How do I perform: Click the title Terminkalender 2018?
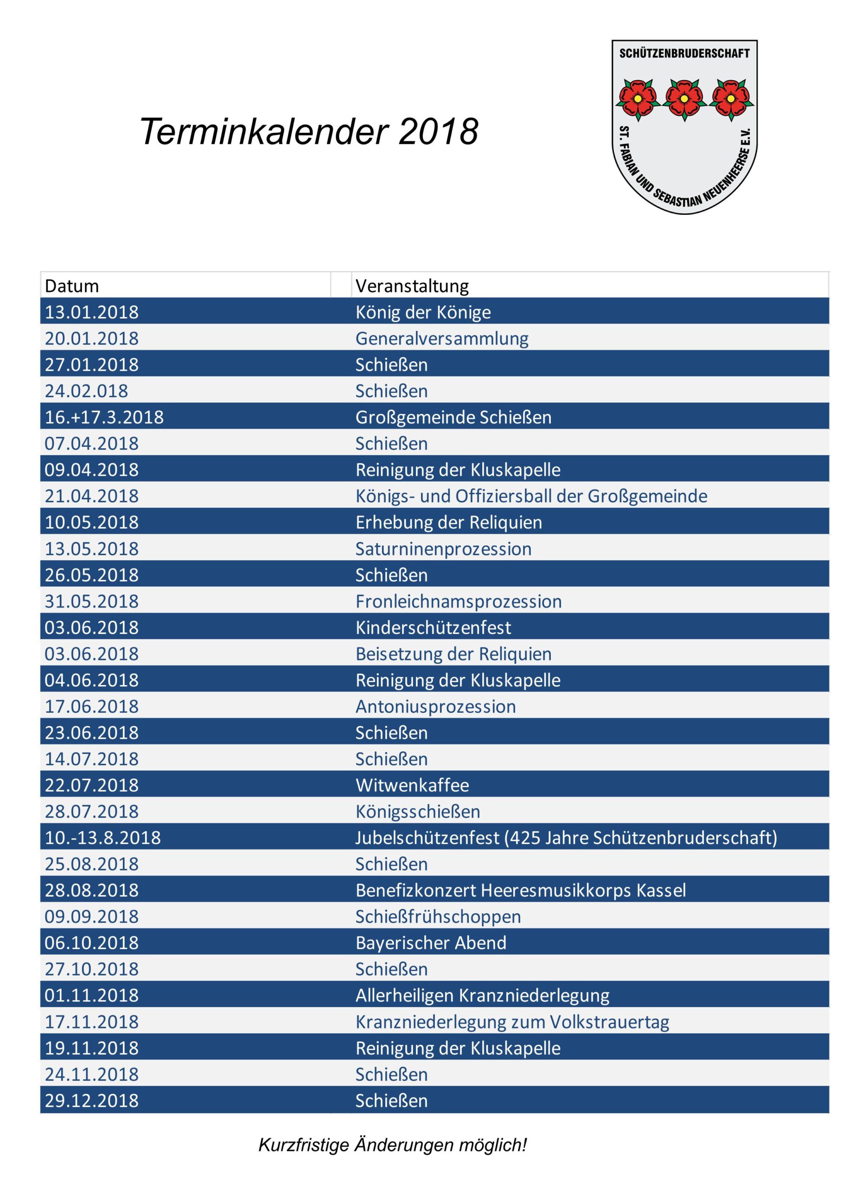point(308,131)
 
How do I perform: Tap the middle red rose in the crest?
point(684,98)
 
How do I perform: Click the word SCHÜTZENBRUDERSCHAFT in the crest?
point(684,53)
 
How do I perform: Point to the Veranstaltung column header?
point(412,285)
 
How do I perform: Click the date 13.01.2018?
point(91,312)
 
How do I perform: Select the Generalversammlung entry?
point(442,338)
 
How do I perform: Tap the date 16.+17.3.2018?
point(104,417)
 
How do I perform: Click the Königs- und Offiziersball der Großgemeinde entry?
point(531,496)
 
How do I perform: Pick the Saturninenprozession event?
point(443,548)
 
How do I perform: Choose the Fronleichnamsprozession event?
point(459,601)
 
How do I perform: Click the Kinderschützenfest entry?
point(434,627)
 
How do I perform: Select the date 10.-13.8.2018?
point(102,838)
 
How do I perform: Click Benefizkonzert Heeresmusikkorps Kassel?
point(521,890)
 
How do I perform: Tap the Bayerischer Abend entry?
point(431,943)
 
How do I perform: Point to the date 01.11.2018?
point(91,995)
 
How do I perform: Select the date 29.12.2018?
point(91,1101)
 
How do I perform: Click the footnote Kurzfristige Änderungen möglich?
point(393,1144)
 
